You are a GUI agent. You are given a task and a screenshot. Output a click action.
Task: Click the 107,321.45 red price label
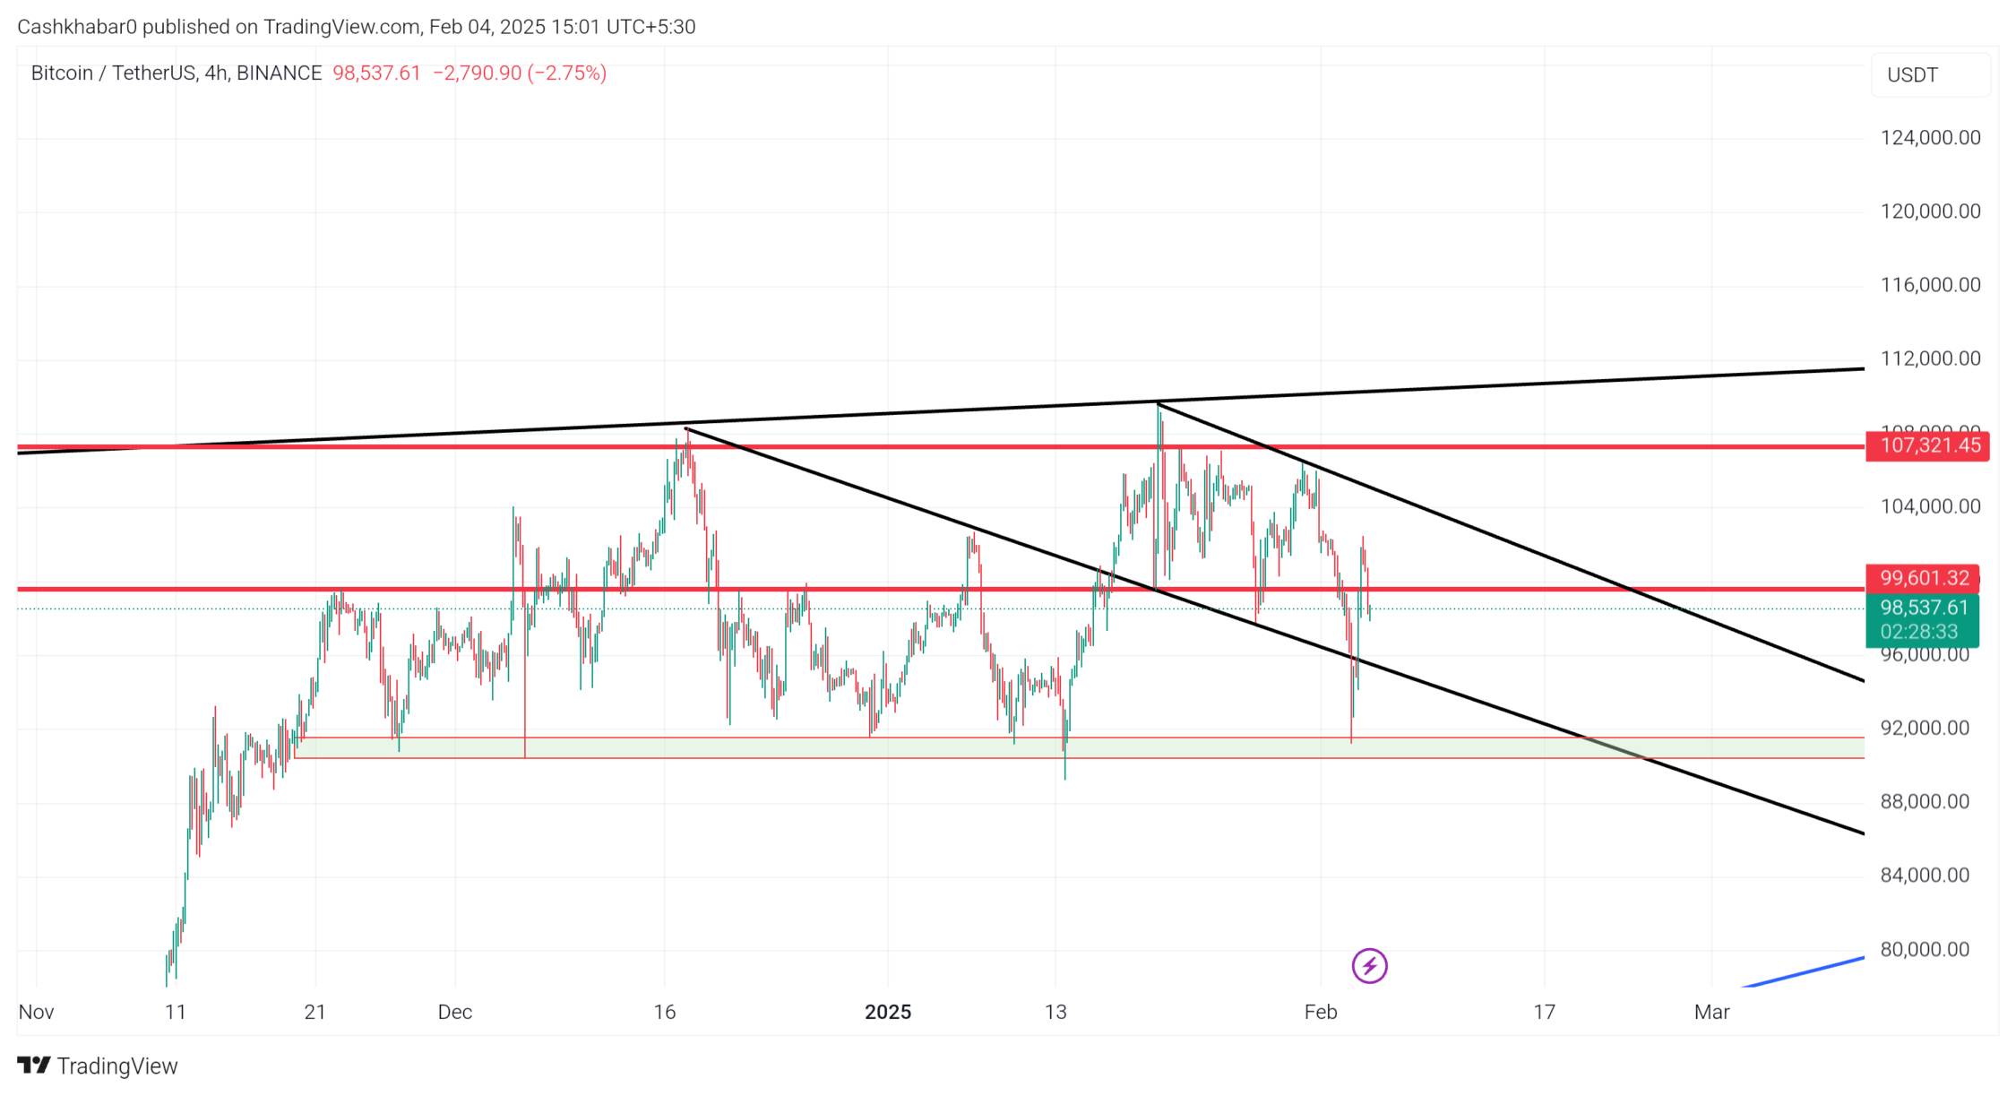(x=1928, y=446)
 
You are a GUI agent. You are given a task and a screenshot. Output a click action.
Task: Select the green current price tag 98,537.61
(x=1923, y=608)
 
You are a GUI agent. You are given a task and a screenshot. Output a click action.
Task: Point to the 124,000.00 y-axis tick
(x=1930, y=138)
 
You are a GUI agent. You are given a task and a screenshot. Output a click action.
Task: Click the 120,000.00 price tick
(x=1930, y=211)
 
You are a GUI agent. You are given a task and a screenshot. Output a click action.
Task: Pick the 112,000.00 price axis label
(x=1930, y=358)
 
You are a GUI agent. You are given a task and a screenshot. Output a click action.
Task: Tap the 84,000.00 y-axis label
(x=1925, y=875)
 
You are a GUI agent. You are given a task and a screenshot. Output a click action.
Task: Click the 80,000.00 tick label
(x=1925, y=949)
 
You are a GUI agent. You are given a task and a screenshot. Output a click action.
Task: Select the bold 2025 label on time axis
(x=888, y=1012)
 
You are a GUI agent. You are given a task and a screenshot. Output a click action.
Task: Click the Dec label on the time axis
(x=454, y=1012)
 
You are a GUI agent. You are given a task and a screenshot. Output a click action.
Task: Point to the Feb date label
(x=1320, y=1012)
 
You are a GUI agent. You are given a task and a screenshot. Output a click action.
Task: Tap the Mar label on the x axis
(x=1711, y=1012)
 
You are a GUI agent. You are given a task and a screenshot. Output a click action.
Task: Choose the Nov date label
(x=37, y=1012)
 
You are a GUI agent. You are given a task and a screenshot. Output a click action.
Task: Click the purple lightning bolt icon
(x=1369, y=966)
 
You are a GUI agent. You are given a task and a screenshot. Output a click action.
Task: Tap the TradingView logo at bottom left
(x=99, y=1066)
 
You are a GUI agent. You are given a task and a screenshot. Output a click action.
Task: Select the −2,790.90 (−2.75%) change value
(x=520, y=73)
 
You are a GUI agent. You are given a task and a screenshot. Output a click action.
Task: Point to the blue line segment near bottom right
(x=1801, y=972)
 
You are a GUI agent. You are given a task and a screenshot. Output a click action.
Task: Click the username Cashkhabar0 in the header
(x=77, y=27)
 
